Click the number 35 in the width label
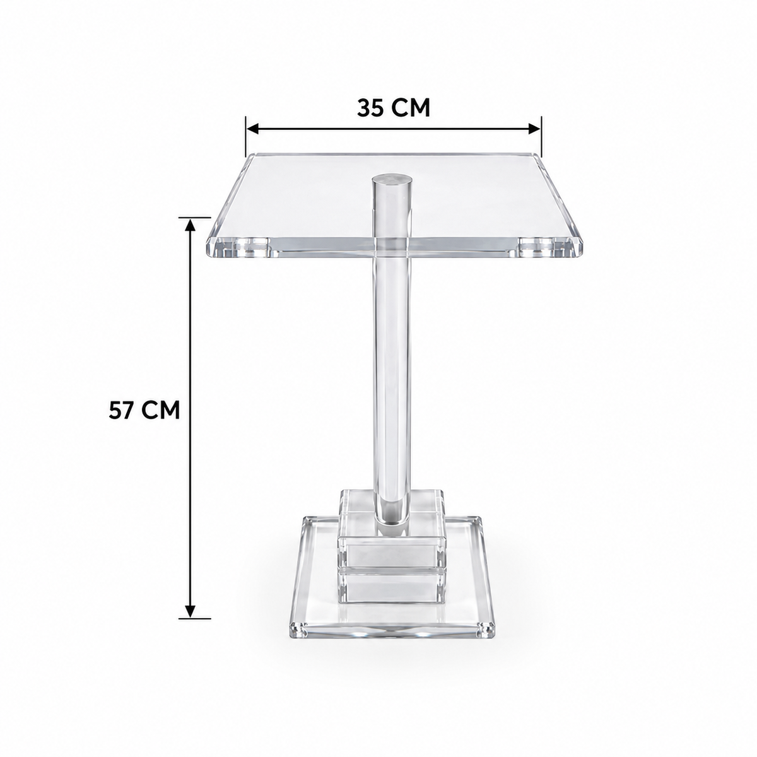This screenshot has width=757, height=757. [370, 108]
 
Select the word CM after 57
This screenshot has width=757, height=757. [160, 411]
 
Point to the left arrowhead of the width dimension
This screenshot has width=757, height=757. [252, 128]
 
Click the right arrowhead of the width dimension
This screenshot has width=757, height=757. [534, 128]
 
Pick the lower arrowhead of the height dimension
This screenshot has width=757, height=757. [190, 622]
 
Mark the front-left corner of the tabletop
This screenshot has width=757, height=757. [209, 255]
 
